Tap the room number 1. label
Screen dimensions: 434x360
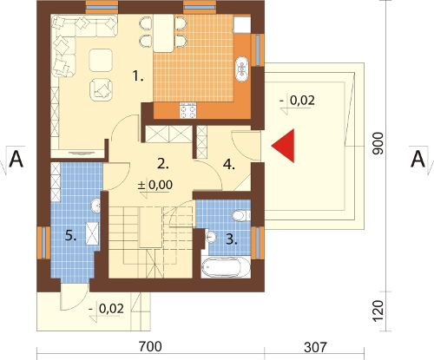click(x=138, y=76)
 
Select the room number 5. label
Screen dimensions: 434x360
click(x=70, y=236)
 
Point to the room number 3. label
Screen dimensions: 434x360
click(x=232, y=239)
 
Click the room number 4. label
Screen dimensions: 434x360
click(x=229, y=165)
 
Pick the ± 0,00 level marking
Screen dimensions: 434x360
click(x=155, y=185)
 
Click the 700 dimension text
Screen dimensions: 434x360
click(x=150, y=346)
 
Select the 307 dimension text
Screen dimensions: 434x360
click(x=315, y=347)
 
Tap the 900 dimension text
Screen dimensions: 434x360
click(x=378, y=144)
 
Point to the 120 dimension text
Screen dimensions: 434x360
click(x=378, y=311)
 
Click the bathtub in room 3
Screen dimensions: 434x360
click(x=226, y=267)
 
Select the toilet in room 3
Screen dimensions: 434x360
click(x=241, y=215)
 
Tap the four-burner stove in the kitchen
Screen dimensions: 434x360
click(x=188, y=110)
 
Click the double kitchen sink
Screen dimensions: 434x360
click(x=242, y=69)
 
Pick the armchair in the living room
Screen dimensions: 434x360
click(x=101, y=89)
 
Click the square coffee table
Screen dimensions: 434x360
click(x=101, y=60)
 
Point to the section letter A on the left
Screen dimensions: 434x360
click(x=16, y=160)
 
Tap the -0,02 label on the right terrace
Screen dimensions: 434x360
click(x=297, y=101)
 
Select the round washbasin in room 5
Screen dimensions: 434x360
click(x=95, y=206)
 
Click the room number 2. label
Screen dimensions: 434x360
click(x=163, y=164)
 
